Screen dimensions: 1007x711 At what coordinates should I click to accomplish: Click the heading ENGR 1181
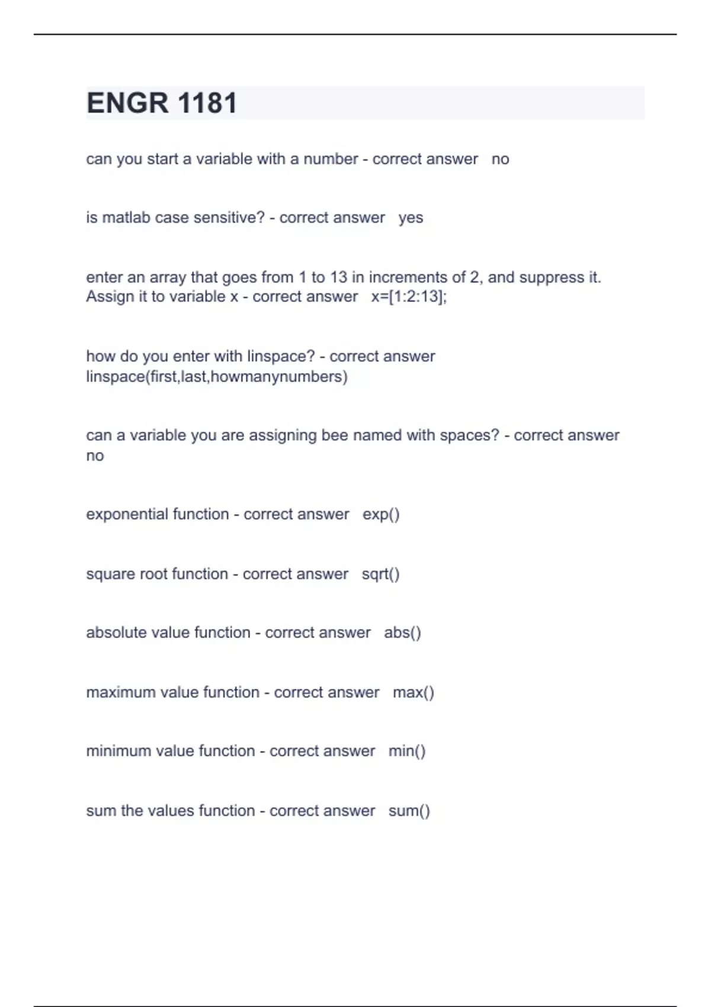click(x=162, y=103)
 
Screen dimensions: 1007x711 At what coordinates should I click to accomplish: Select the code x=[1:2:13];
click(x=409, y=297)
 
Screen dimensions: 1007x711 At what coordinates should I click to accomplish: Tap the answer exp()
click(x=381, y=514)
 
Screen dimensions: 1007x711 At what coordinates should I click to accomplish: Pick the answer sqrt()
click(x=380, y=574)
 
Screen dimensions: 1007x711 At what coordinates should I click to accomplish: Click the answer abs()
click(x=402, y=633)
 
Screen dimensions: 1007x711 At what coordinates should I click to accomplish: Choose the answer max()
click(x=413, y=692)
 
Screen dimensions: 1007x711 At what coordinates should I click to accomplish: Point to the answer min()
click(x=407, y=751)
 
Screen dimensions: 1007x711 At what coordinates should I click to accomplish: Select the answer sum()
click(x=409, y=811)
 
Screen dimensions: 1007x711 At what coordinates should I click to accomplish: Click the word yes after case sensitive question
click(x=411, y=218)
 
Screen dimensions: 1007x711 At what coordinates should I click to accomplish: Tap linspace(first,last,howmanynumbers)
click(x=217, y=377)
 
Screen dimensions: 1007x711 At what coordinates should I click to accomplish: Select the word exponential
click(x=118, y=514)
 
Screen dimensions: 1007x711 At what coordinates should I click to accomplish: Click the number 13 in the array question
click(x=338, y=277)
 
